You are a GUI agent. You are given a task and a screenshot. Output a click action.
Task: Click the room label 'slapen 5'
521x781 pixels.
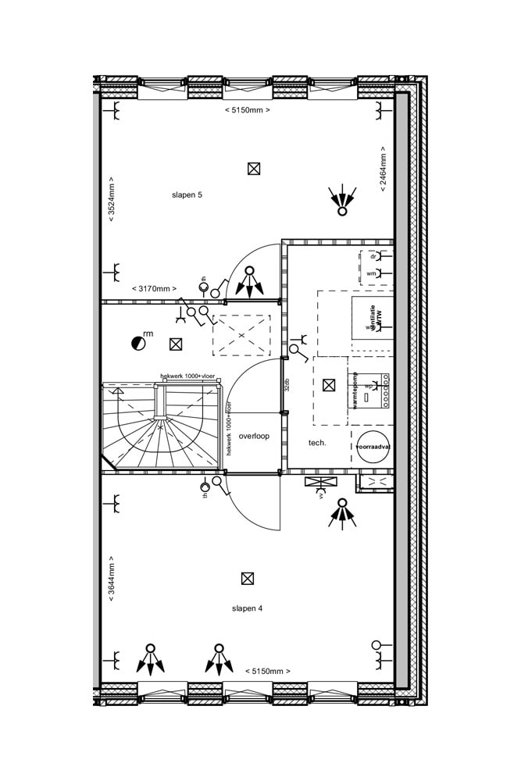187,194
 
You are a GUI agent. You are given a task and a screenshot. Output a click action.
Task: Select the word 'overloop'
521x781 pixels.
254,436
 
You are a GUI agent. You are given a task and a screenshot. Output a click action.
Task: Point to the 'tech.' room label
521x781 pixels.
317,443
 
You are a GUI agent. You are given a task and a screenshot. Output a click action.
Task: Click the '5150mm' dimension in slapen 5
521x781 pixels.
247,110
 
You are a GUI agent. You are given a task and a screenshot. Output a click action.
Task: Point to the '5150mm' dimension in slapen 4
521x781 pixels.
267,671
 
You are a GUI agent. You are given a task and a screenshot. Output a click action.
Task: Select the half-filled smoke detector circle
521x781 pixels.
137,342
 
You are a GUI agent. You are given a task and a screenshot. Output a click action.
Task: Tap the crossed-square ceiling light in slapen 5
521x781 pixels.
253,168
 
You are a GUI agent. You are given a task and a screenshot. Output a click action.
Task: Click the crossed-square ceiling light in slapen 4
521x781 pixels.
248,578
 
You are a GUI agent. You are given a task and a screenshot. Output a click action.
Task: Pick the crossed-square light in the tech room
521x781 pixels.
329,384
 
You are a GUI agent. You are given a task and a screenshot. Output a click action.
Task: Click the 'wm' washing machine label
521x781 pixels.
371,273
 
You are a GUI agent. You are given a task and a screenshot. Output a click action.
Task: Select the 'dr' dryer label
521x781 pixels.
373,256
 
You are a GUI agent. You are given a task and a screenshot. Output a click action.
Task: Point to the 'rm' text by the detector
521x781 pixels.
148,334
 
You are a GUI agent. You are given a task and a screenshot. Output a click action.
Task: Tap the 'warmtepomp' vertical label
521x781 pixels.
355,390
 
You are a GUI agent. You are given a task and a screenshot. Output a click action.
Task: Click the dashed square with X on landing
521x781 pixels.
241,335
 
